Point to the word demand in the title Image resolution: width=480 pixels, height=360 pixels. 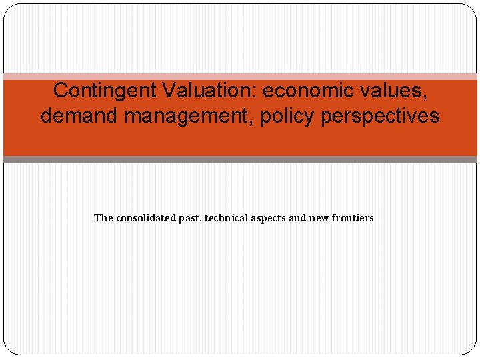pyautogui.click(x=79, y=116)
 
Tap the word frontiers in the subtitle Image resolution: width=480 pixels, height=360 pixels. pyautogui.click(x=353, y=218)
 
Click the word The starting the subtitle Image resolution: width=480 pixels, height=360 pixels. pyautogui.click(x=103, y=218)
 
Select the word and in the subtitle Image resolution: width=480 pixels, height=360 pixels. pyautogui.click(x=298, y=218)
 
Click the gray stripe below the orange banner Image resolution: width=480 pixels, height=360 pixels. pyautogui.click(x=240, y=159)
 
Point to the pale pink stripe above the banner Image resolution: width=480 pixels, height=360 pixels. pyautogui.click(x=240, y=77)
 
